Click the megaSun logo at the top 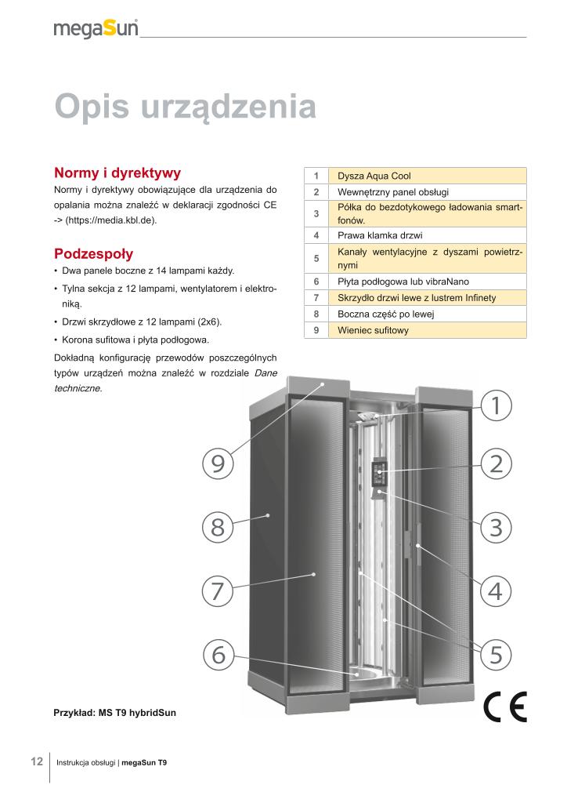click(96, 29)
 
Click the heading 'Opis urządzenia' click(186, 107)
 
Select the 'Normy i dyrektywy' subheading click(117, 173)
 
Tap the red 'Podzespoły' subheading click(93, 253)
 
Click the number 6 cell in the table click(316, 281)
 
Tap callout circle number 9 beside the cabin click(218, 463)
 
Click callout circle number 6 click(218, 653)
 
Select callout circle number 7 click(218, 590)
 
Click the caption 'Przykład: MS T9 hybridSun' click(114, 713)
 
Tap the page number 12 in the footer click(37, 761)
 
